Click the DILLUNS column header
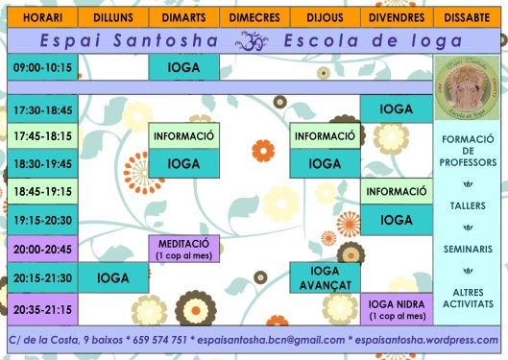click(113, 17)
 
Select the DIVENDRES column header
click(397, 17)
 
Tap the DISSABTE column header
click(469, 17)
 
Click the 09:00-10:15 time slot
click(42, 67)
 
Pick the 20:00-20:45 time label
click(42, 249)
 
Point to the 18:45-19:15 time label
click(42, 192)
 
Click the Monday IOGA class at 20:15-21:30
click(113, 277)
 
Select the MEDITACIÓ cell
click(184, 249)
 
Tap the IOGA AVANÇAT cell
click(326, 277)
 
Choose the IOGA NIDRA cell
click(397, 308)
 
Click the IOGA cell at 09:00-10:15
click(184, 67)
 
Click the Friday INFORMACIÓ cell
click(397, 192)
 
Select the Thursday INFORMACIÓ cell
click(326, 135)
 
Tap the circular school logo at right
click(469, 87)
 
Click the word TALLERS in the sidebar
click(469, 205)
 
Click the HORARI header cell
click(42, 17)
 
